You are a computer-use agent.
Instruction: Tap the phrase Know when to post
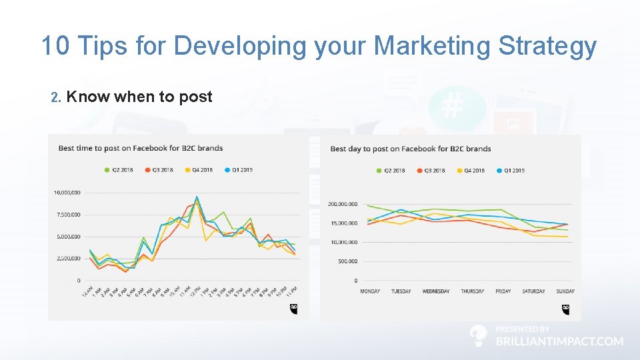pyautogui.click(x=139, y=97)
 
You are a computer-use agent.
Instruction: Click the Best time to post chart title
pyautogui.click(x=141, y=148)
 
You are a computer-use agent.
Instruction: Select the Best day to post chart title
pyautogui.click(x=410, y=149)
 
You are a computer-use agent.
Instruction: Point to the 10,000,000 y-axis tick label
pyautogui.click(x=67, y=193)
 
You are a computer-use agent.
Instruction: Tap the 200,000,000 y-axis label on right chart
pyautogui.click(x=343, y=204)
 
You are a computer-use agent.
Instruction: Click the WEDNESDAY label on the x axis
pyautogui.click(x=436, y=291)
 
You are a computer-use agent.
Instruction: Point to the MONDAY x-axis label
pyautogui.click(x=371, y=291)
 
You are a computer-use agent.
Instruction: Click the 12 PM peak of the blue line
pyautogui.click(x=197, y=197)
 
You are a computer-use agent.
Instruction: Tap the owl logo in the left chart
pyautogui.click(x=294, y=309)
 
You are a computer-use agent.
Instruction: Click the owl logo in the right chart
pyautogui.click(x=566, y=309)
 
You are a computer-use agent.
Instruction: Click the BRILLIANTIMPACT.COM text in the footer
pyautogui.click(x=559, y=341)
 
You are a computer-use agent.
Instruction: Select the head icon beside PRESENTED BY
pyautogui.click(x=478, y=336)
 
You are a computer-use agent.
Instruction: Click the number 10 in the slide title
pyautogui.click(x=56, y=46)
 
